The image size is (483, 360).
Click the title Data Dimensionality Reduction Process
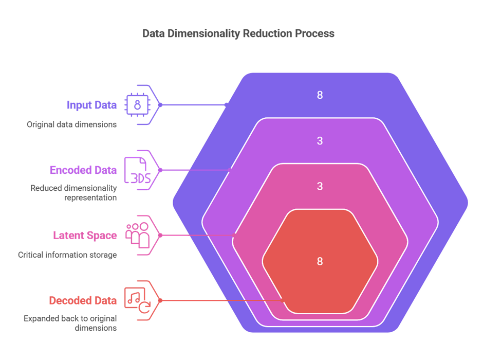point(238,34)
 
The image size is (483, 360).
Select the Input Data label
point(91,105)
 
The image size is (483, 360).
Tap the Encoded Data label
point(83,170)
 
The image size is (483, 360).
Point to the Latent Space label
point(85,236)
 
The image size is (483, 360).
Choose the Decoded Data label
point(83,300)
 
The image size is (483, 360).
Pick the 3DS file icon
point(137,170)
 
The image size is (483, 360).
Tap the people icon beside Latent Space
point(138,235)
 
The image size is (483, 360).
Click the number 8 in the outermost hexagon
point(320,95)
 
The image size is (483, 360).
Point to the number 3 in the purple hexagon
point(320,140)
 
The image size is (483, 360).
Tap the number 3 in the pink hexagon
point(320,186)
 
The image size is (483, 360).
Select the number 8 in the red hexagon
point(320,261)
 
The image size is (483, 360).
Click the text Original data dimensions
point(71,124)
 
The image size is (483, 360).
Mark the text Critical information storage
point(67,255)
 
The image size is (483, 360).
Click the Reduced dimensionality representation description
point(73,193)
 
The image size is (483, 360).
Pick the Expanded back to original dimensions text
point(70,323)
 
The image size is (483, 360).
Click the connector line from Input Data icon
point(195,105)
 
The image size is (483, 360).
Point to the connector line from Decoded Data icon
point(221,300)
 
